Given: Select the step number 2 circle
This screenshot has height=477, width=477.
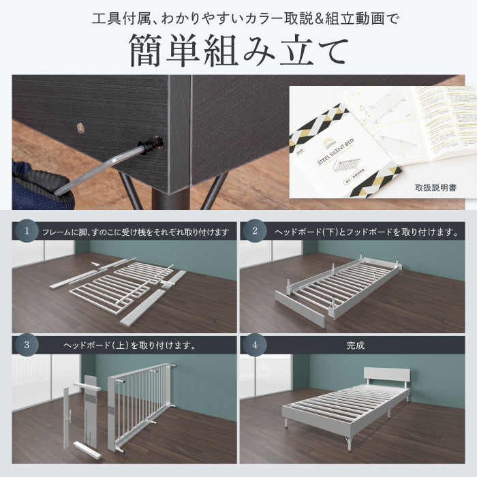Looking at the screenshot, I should [x=254, y=231].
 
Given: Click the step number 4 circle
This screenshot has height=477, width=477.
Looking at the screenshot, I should [x=254, y=345].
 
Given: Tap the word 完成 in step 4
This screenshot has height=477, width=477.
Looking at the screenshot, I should [x=354, y=345].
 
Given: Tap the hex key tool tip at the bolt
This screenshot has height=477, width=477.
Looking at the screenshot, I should [x=153, y=144].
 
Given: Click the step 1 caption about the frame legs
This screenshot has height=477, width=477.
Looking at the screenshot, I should [x=136, y=232].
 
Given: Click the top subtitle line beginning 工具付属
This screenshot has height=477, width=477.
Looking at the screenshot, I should [x=238, y=16].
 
